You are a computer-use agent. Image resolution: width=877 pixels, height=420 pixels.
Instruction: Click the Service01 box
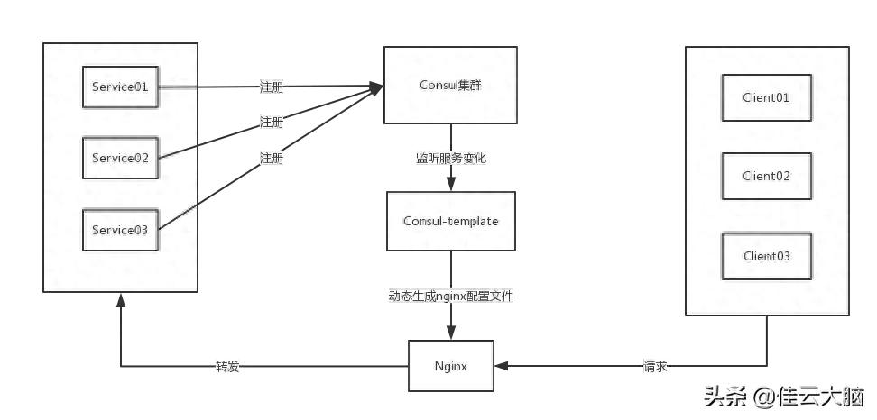pos(120,87)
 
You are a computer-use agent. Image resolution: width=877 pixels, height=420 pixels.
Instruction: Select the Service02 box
pos(120,158)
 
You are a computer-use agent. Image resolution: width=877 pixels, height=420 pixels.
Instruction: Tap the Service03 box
pos(120,230)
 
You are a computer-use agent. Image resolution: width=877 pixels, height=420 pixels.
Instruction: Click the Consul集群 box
pos(451,86)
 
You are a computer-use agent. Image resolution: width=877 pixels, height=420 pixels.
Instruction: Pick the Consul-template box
pos(451,221)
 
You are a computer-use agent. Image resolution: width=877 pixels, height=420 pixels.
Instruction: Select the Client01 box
pos(766,97)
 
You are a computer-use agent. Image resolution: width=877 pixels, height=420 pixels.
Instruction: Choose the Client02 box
pos(766,176)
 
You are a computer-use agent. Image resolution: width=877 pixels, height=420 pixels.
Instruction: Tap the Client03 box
pos(766,256)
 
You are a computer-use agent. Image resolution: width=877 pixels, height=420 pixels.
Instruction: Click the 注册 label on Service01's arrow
pos(271,87)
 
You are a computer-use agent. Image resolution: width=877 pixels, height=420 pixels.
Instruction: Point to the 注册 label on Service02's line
pos(271,122)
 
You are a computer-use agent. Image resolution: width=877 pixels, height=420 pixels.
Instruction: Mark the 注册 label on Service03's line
pos(271,158)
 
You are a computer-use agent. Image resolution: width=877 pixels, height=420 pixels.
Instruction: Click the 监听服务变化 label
pos(451,158)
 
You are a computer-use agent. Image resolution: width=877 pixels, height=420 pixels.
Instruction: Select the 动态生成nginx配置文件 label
pos(451,296)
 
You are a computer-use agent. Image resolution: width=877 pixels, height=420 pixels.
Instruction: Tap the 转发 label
pos(227,367)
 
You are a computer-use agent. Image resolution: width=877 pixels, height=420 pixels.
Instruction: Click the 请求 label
pos(656,367)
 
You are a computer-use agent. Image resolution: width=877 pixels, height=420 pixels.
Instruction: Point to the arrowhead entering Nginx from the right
pos(501,366)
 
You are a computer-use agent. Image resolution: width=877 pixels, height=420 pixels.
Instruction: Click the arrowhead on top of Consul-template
pos(451,186)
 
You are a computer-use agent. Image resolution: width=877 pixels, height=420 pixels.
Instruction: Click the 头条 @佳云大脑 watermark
pos(783,397)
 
